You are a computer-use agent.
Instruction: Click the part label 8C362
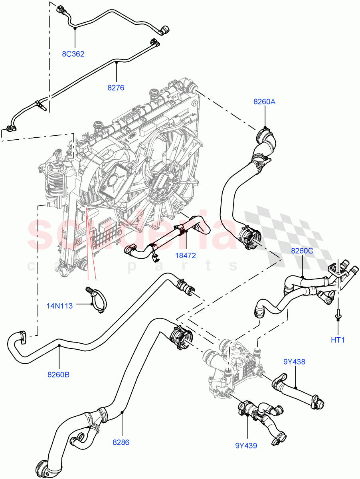73,54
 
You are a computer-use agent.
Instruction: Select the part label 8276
116,87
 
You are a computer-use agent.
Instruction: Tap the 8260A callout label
265,102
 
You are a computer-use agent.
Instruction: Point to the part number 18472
186,255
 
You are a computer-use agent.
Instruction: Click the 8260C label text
302,251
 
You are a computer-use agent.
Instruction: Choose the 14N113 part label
59,306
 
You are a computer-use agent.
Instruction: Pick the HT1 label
338,340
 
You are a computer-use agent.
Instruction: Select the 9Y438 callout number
294,362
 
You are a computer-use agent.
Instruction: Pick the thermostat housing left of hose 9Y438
231,367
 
